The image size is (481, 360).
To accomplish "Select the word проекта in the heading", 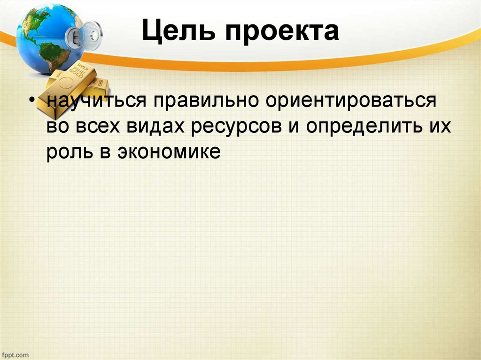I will pos(280,32).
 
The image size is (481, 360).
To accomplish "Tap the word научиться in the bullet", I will pos(96,102).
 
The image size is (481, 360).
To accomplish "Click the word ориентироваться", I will pos(349,102).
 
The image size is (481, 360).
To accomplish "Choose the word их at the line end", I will pos(440,127).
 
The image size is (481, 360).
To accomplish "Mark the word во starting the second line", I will pos(57,127).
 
